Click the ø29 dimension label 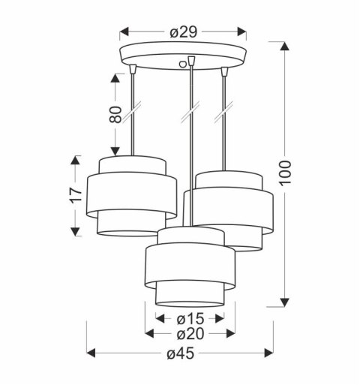click(184, 32)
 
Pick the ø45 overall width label click(181, 353)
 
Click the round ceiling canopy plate click(184, 56)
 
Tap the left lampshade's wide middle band click(132, 194)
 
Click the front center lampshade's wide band click(191, 263)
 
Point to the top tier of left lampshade click(132, 166)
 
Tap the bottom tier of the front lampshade click(190, 296)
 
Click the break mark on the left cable click(133, 114)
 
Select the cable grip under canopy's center click(192, 62)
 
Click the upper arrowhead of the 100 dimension click(284, 47)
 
